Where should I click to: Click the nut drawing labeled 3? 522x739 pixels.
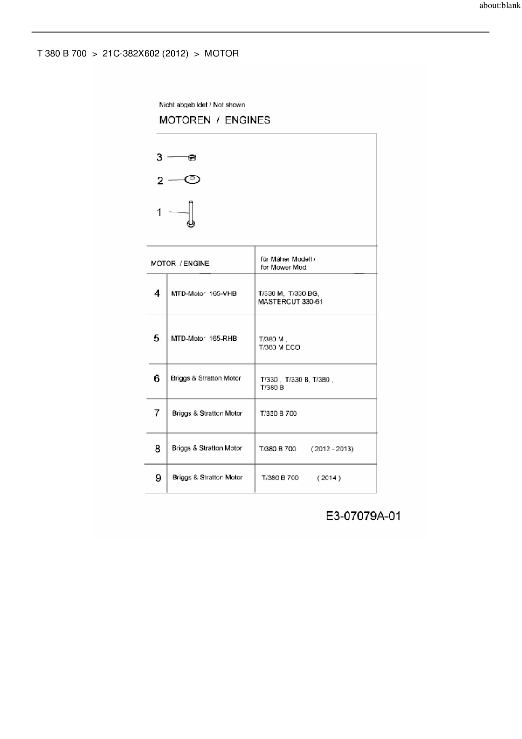[x=192, y=158]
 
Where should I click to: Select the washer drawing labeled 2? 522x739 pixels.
[x=192, y=179]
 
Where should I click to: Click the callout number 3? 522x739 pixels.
[x=159, y=157]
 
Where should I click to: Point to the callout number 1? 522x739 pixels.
[x=159, y=212]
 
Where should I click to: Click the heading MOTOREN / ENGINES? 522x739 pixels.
[x=214, y=120]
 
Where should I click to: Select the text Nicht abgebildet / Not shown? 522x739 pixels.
[x=202, y=105]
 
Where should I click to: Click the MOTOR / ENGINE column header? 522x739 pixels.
[x=180, y=264]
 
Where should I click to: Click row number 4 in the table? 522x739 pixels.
[x=157, y=293]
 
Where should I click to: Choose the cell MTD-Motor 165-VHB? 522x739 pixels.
[x=204, y=294]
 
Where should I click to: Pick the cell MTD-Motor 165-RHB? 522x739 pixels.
[x=204, y=338]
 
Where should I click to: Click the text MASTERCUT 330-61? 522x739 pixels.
[x=290, y=302]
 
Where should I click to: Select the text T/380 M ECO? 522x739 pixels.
[x=279, y=348]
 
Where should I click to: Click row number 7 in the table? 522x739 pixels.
[x=157, y=413]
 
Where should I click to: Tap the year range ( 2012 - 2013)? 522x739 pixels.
[x=332, y=449]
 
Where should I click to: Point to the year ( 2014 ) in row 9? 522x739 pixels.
[x=329, y=478]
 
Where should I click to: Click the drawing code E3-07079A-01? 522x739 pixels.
[x=363, y=516]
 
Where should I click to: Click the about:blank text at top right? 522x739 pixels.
[x=500, y=6]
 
